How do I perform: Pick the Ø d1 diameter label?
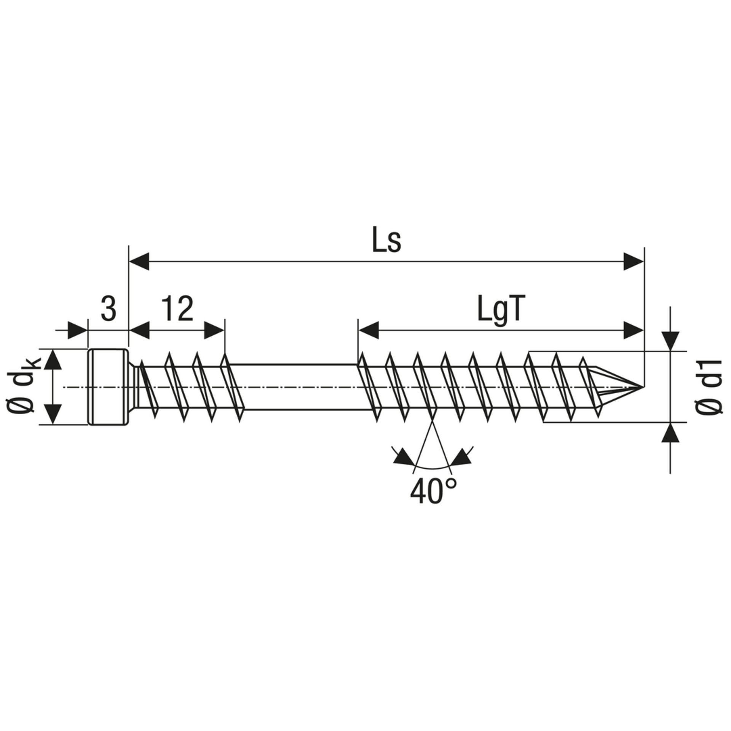coord(709,387)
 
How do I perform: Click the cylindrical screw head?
coord(108,387)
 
